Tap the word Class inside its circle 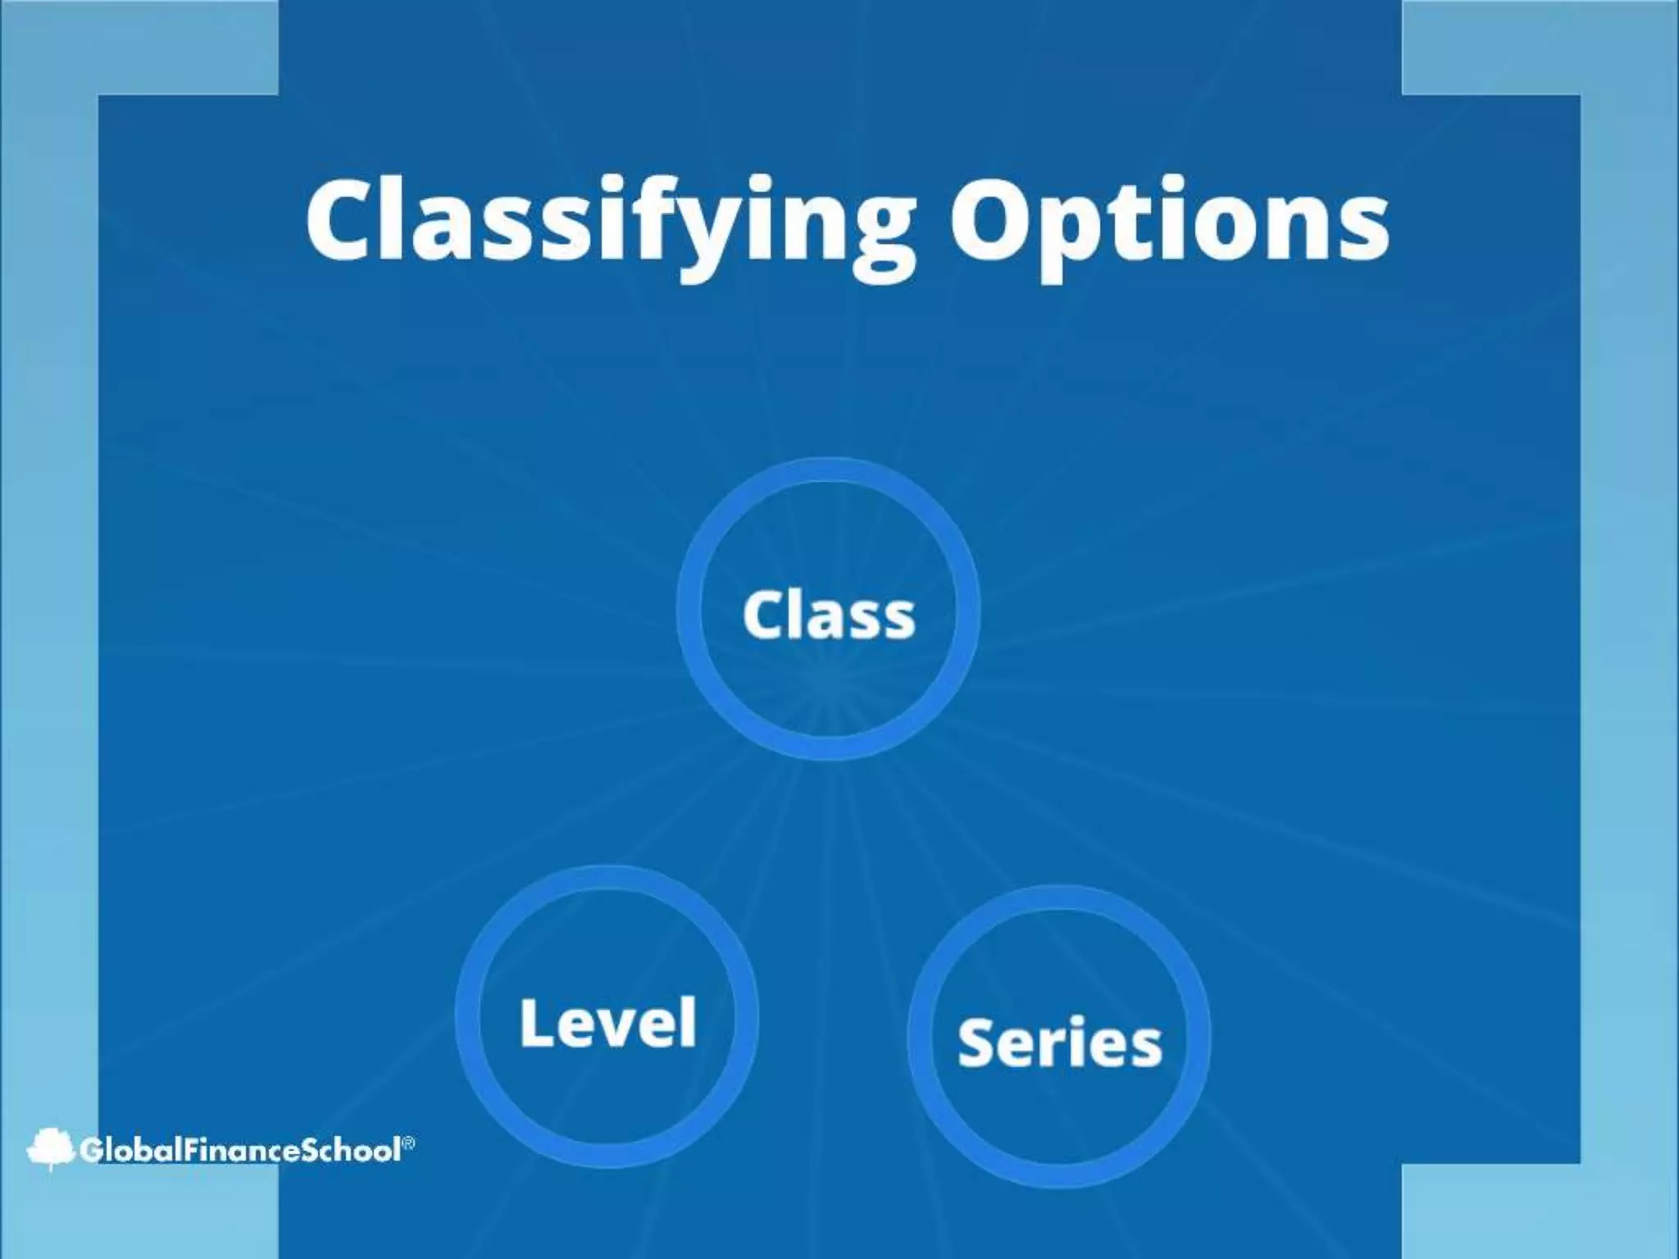828,614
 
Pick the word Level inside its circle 607,1022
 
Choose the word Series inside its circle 1059,1042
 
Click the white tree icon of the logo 50,1148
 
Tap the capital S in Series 976,1042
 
